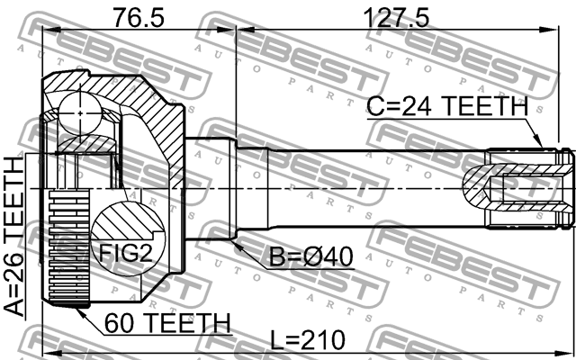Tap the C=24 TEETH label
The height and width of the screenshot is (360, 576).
[447, 106]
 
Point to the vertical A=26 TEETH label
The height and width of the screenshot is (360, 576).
[15, 236]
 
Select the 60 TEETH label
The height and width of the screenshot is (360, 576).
[167, 322]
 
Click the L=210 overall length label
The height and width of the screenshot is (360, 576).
[310, 340]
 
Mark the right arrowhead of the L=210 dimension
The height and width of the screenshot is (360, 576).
[570, 351]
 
